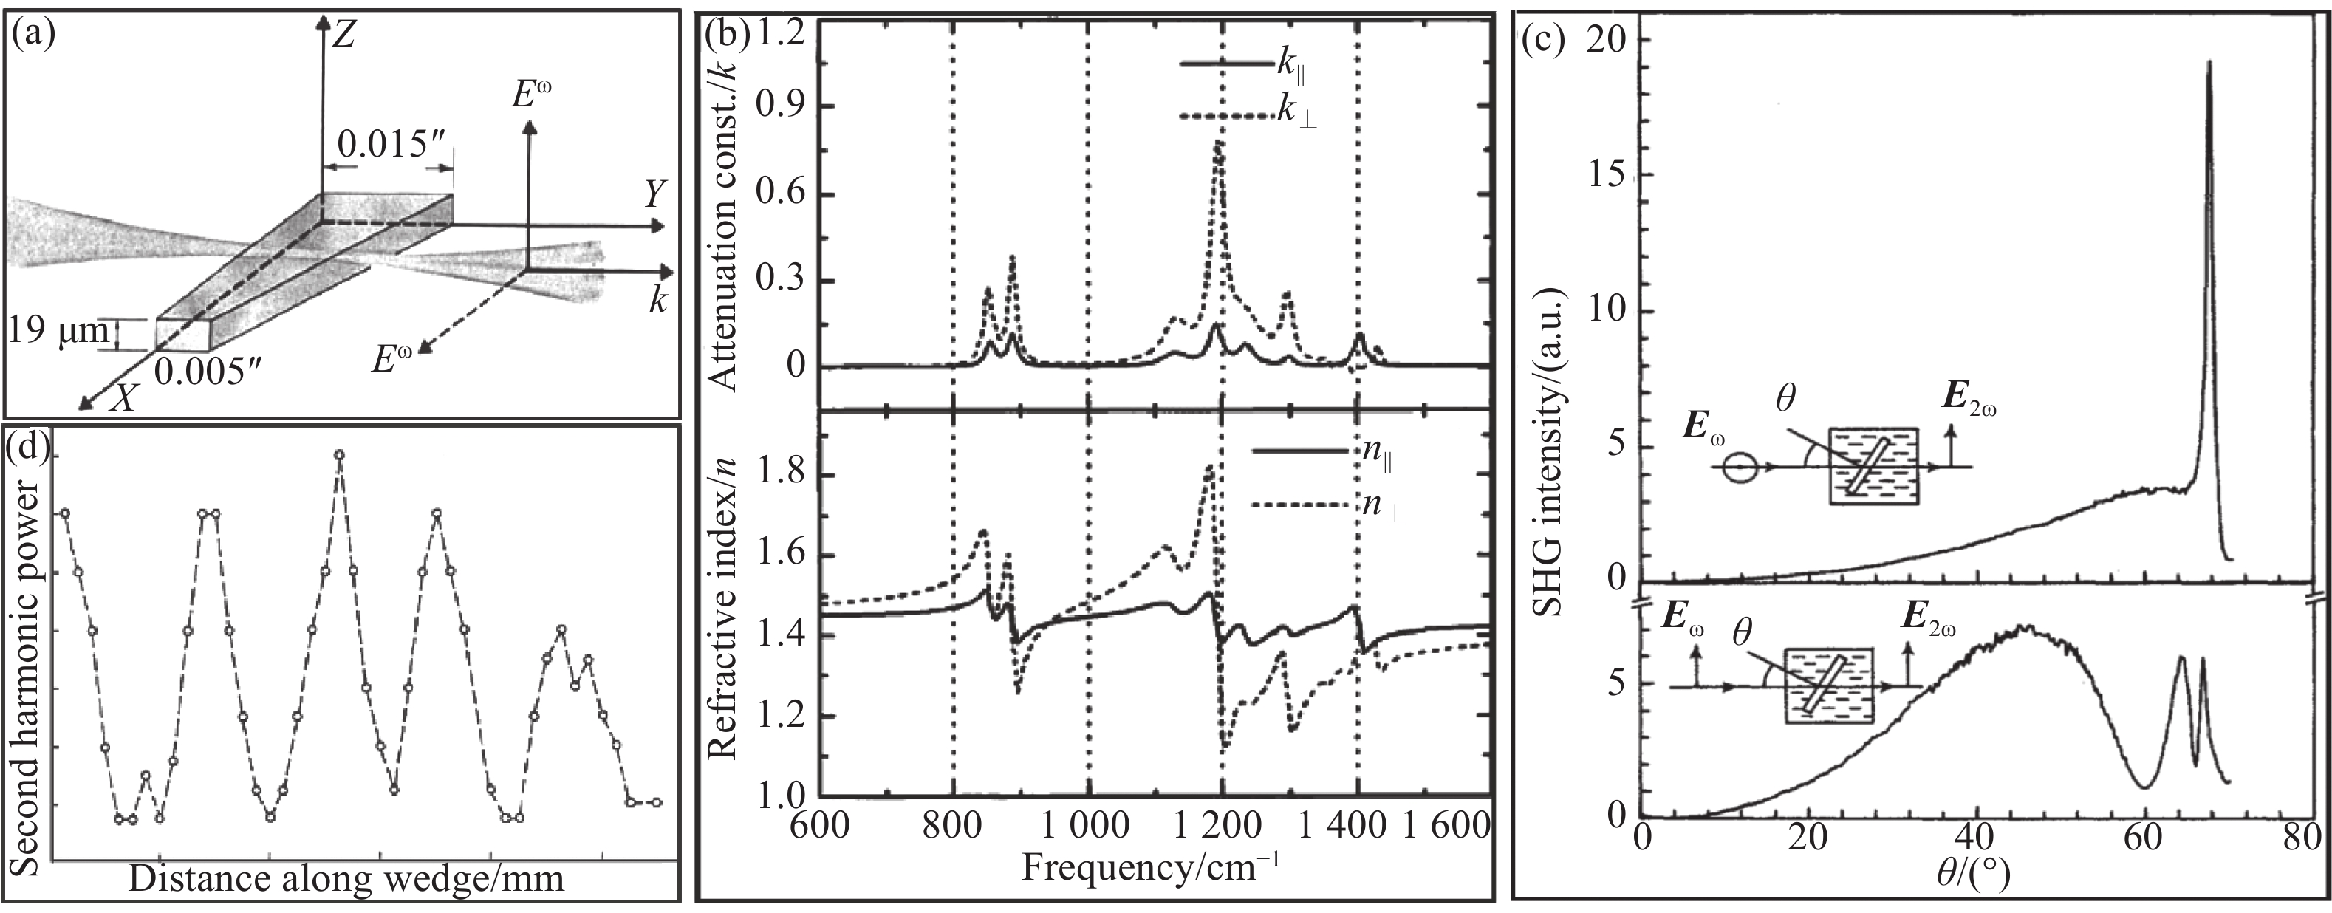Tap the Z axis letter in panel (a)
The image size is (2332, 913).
click(344, 35)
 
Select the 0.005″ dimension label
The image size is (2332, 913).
click(211, 371)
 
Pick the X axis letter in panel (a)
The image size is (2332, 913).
click(122, 397)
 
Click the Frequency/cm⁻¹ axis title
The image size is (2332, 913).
click(1152, 867)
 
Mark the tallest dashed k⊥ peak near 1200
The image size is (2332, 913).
click(1219, 143)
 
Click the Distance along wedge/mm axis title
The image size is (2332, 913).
click(346, 878)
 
